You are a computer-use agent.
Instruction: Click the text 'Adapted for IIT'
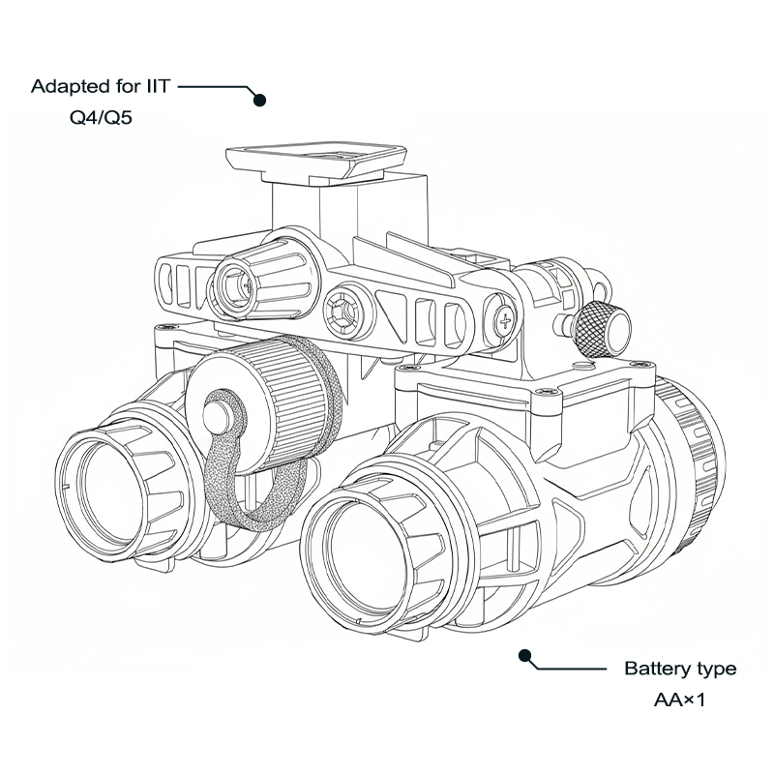pos(101,86)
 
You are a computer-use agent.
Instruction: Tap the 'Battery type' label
pos(679,669)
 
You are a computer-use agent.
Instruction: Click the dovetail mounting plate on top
pos(314,161)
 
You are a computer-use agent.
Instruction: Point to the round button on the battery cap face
pos(219,414)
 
